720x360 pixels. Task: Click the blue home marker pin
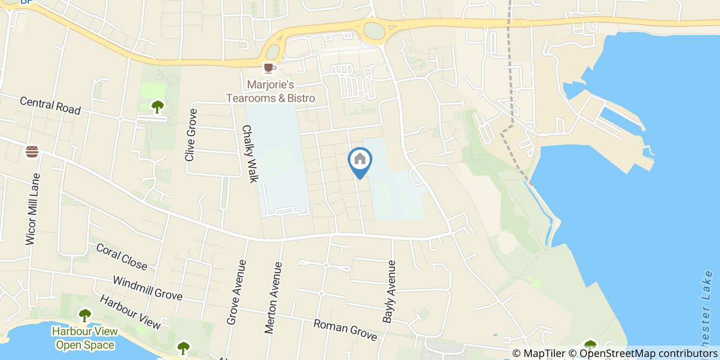pos(360,160)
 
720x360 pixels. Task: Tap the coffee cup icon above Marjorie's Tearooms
pos(268,67)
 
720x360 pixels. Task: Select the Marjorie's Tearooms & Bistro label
pos(271,91)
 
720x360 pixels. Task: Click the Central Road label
pos(50,105)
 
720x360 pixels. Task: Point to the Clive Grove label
pos(191,135)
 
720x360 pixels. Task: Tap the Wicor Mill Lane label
pos(32,209)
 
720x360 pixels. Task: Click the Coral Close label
pos(121,256)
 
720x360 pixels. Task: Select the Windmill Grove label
pos(147,288)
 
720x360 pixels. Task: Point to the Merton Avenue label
pos(274,298)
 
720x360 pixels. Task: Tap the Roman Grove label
pos(345,330)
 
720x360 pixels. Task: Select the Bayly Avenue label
pos(389,292)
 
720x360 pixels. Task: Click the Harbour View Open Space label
pos(85,338)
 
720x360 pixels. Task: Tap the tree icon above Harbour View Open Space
pos(84,315)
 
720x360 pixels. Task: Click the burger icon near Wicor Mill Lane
pos(32,152)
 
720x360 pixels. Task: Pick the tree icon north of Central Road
pos(157,106)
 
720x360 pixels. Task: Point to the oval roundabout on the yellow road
pos(374,31)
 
